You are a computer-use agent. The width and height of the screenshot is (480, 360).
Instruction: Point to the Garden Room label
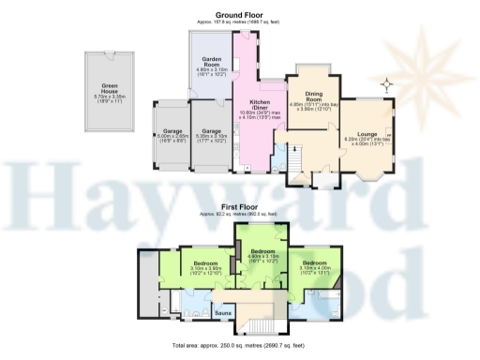point(209,58)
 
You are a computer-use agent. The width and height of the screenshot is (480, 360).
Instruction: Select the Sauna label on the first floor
point(223,311)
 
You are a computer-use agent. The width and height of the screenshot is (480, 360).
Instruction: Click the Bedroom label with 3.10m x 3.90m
point(206,263)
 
